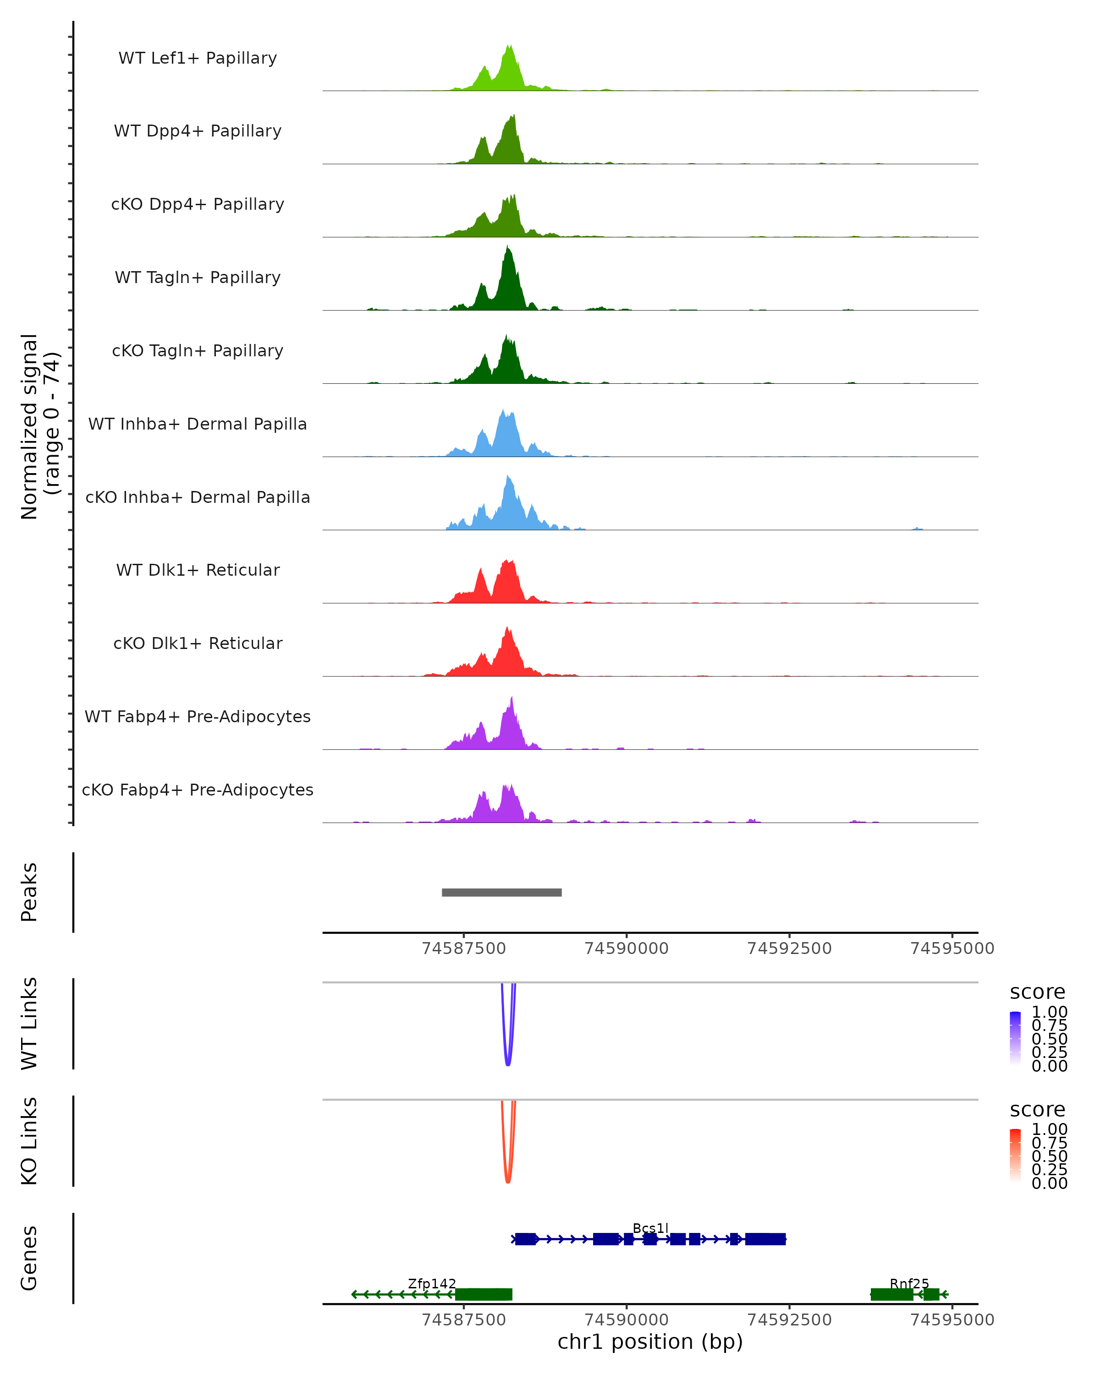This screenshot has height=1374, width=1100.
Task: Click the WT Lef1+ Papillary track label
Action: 198,58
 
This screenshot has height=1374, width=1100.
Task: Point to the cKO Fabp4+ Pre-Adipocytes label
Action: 198,790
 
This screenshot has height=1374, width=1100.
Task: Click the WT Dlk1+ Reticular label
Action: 198,570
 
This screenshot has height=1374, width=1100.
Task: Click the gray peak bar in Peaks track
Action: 502,892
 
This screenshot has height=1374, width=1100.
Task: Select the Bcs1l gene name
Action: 650,1228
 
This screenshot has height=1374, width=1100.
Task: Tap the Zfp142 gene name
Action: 432,1283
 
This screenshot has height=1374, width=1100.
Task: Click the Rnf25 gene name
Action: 909,1283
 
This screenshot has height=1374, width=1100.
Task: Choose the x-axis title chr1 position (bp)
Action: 650,1341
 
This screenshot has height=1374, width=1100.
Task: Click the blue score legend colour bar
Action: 1015,1037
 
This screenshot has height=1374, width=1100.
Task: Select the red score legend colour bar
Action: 1015,1155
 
